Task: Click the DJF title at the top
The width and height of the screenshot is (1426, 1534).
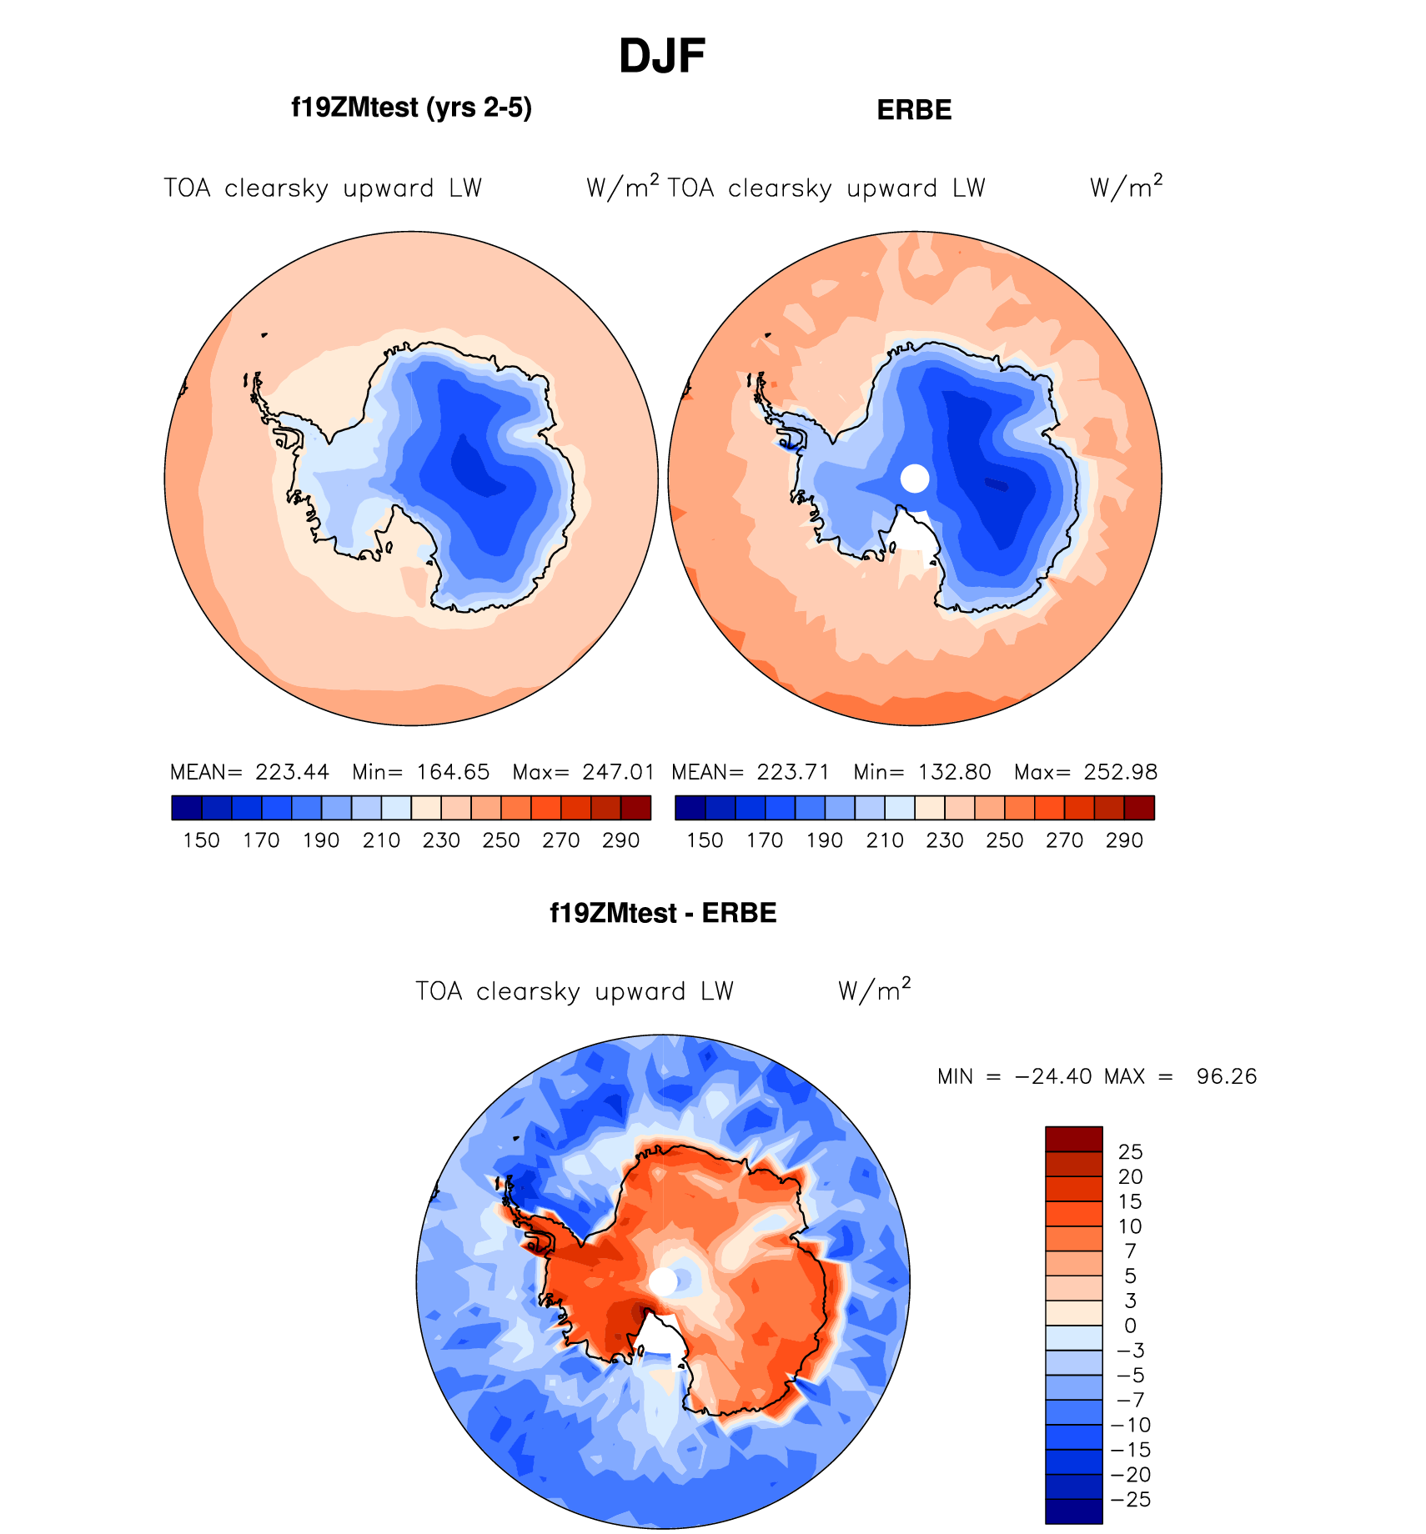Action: click(662, 57)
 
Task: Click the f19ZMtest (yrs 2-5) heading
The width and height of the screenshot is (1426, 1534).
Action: click(411, 108)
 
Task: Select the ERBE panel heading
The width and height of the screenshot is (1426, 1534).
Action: click(914, 110)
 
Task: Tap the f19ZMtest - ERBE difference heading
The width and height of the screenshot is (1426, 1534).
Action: click(663, 913)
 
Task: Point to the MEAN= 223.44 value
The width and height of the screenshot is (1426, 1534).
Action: click(249, 772)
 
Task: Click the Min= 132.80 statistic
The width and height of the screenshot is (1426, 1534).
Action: click(922, 772)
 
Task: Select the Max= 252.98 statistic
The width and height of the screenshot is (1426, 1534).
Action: click(1086, 772)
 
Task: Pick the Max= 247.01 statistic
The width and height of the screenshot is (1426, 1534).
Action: click(584, 772)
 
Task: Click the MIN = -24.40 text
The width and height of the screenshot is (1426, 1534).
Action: click(1014, 1076)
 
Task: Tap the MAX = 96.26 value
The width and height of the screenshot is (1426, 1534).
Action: click(1181, 1076)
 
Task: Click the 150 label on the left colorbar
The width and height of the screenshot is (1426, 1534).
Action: click(201, 840)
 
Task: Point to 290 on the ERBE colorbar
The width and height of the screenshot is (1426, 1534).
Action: click(1124, 840)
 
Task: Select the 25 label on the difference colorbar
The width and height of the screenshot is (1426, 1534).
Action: click(1130, 1151)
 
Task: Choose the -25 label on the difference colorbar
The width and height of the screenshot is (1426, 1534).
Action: click(1130, 1500)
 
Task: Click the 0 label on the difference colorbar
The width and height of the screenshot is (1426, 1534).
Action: click(1130, 1326)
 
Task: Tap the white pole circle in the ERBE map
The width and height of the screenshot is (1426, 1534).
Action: click(915, 479)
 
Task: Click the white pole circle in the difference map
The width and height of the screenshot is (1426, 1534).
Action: click(663, 1281)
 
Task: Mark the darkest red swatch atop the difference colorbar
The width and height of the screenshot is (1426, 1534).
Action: click(1074, 1139)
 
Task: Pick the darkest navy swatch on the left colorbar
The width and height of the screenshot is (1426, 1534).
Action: click(187, 808)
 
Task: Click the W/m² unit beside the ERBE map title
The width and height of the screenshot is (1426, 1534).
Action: click(1126, 188)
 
